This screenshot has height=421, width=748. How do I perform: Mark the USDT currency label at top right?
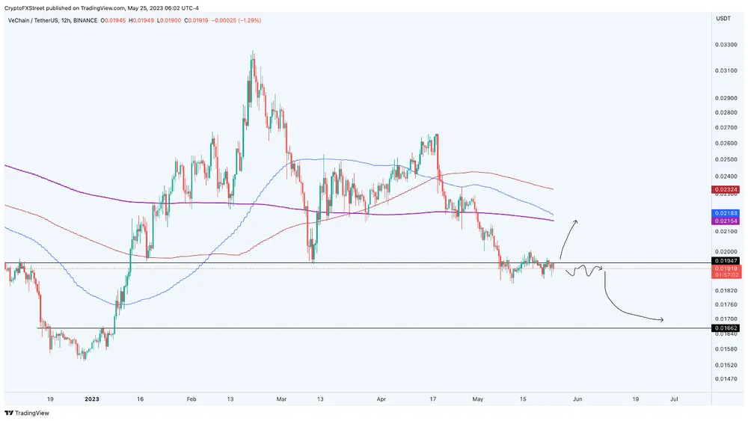pos(723,18)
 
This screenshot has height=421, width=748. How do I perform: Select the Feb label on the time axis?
pos(191,400)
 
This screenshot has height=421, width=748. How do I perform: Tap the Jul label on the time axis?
pos(674,400)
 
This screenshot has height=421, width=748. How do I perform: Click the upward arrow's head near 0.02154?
pos(575,221)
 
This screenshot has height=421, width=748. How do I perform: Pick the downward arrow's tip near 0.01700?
pos(663,321)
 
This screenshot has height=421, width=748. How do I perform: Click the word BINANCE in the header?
pos(86,20)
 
